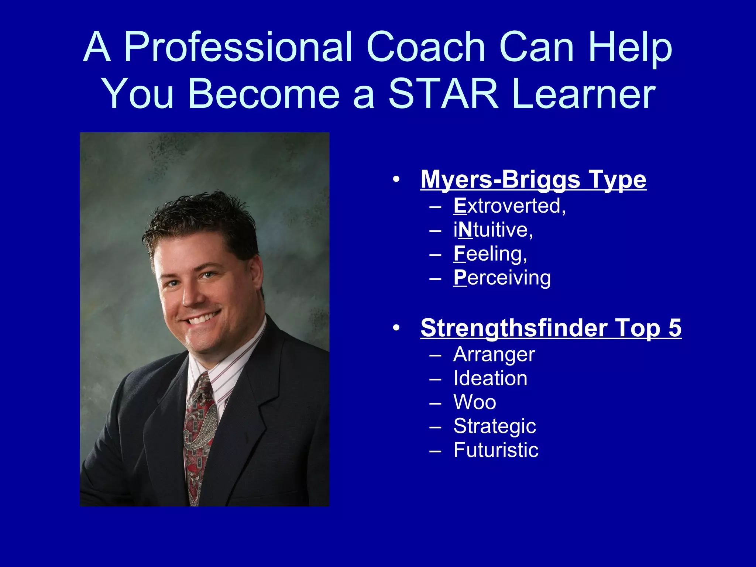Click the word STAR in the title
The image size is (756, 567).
click(x=443, y=94)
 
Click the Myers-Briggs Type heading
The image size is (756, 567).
click(x=533, y=180)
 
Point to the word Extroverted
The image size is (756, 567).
click(x=509, y=206)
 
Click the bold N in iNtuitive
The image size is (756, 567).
click(x=465, y=230)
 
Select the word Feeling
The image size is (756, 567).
click(x=490, y=254)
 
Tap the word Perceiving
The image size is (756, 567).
click(x=502, y=278)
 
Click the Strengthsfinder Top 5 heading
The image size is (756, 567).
click(x=550, y=328)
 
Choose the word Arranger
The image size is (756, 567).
click(x=494, y=355)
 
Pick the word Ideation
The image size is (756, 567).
click(x=490, y=378)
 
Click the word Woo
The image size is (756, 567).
click(x=475, y=402)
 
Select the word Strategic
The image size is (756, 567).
click(x=494, y=426)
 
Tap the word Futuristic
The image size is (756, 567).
click(x=496, y=450)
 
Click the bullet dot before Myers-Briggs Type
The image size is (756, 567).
click(x=396, y=180)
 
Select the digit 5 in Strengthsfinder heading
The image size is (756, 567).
click(x=674, y=328)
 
